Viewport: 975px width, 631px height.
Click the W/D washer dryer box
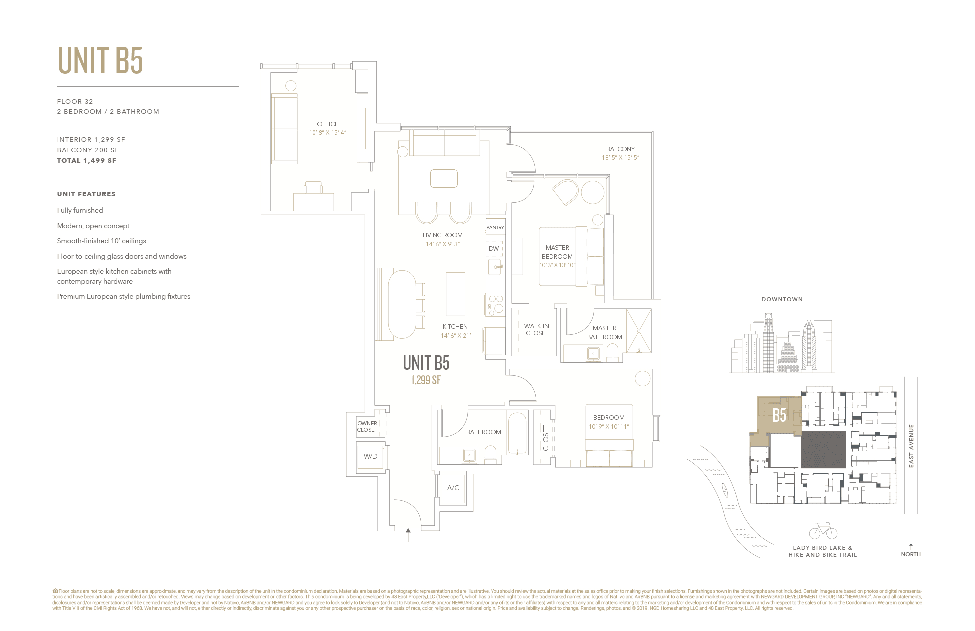[x=370, y=457]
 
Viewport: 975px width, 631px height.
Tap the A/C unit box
[x=453, y=488]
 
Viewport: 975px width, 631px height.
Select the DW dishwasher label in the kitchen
[x=494, y=248]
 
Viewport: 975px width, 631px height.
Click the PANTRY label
[x=495, y=228]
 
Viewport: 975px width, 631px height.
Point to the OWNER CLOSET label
[x=367, y=427]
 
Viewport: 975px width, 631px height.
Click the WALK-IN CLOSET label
[x=537, y=330]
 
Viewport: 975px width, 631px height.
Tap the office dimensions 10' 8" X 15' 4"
[x=328, y=133]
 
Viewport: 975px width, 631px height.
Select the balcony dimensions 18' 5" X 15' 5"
[x=620, y=158]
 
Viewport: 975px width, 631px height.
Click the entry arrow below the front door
[x=408, y=534]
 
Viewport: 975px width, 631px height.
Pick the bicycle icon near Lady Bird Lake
[x=823, y=531]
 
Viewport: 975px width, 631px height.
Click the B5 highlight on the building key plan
[x=779, y=415]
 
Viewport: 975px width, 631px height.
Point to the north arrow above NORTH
[x=911, y=546]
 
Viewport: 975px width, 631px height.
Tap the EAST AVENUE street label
[x=911, y=446]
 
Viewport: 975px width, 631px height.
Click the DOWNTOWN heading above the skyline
[x=782, y=299]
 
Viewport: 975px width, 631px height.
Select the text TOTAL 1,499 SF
[x=87, y=161]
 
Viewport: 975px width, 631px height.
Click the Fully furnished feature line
[x=80, y=211]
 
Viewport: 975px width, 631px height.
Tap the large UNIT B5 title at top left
[x=100, y=61]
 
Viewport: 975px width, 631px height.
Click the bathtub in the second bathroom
[x=517, y=433]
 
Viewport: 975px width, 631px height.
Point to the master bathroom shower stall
[x=639, y=331]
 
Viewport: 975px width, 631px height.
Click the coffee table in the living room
[x=444, y=178]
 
